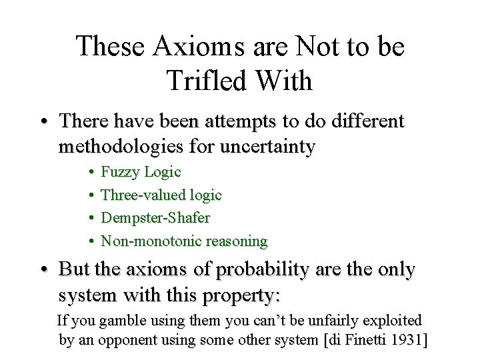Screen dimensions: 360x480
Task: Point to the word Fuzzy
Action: tap(120, 172)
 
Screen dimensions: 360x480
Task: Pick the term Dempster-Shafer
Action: tap(155, 218)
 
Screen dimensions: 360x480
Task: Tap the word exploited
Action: tap(390, 321)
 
